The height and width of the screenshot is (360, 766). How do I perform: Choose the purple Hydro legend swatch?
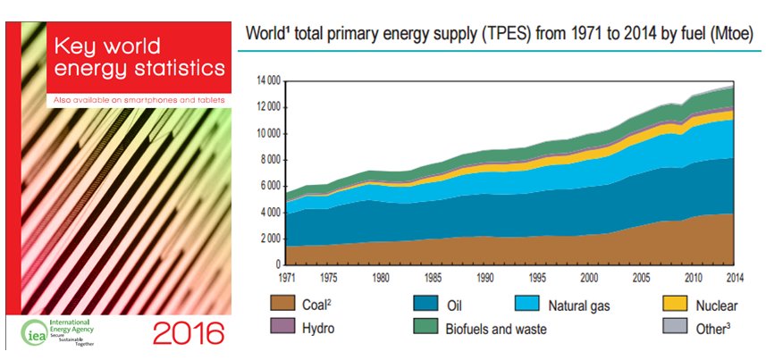(283, 327)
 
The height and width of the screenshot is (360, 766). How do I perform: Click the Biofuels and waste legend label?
(496, 329)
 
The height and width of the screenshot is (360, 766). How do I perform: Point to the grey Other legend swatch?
(677, 327)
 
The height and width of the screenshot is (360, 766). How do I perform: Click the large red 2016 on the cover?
(188, 333)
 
